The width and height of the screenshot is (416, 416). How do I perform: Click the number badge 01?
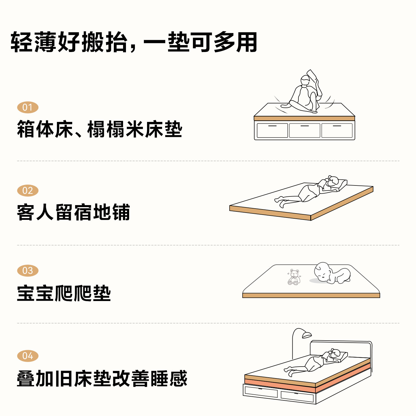28,107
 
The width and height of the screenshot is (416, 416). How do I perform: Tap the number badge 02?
28,191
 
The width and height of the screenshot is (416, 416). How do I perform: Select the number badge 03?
28,271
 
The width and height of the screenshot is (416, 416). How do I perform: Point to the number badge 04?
28,356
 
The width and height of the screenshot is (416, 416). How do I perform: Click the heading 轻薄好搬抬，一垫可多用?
134,42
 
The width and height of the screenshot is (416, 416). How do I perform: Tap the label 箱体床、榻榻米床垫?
100,129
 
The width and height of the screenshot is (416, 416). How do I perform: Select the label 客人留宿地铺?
73,212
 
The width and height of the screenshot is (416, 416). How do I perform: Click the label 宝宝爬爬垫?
64,293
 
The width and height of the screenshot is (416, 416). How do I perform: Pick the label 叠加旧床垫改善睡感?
102,378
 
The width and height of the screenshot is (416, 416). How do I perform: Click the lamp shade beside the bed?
307,335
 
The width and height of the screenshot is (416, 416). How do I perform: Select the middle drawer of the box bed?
304,131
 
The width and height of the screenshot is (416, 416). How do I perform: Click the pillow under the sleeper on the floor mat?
341,185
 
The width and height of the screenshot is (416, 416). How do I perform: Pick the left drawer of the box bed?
272,131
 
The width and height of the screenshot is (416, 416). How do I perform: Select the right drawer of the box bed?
337,131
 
